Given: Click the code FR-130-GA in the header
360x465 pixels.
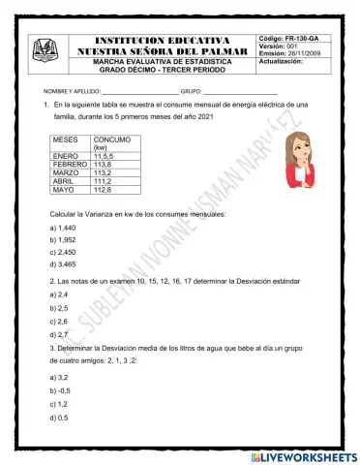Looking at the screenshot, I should point(296,36).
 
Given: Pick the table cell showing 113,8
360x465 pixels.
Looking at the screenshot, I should point(104,165).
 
